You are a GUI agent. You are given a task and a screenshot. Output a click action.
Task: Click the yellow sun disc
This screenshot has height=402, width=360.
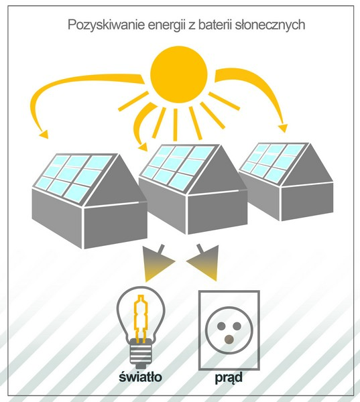[x=178, y=74]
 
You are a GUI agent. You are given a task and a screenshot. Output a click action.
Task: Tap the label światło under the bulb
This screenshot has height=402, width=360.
[x=140, y=377]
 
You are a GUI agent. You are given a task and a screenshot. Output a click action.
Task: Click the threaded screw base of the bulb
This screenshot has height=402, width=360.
[x=140, y=352]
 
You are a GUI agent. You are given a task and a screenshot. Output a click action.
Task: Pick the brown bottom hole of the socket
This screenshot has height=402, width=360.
[x=229, y=340]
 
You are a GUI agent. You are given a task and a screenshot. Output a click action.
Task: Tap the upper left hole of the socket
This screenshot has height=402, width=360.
[x=221, y=326]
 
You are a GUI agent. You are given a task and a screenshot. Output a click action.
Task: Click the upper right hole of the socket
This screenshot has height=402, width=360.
[x=237, y=326]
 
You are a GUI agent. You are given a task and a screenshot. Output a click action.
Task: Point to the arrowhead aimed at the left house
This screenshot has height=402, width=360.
[x=44, y=135]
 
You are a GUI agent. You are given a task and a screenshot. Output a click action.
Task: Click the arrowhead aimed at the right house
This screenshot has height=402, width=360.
[x=283, y=128]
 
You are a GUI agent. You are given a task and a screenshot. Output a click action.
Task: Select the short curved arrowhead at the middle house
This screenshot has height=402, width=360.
[x=143, y=147]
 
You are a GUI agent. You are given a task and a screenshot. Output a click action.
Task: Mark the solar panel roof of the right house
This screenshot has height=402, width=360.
[x=274, y=163]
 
